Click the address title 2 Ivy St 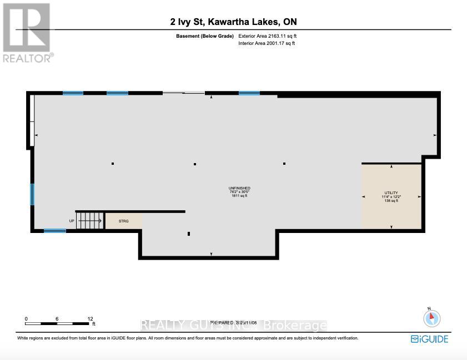[x=233, y=22]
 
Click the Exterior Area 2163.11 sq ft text [x=271, y=36]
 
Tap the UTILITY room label [x=391, y=193]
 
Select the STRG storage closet [x=123, y=221]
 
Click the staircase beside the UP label [x=89, y=221]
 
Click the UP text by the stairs [x=71, y=221]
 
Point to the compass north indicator [x=431, y=318]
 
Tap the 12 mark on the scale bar [x=89, y=319]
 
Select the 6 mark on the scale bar [x=57, y=319]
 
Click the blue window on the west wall [x=32, y=194]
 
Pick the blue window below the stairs [x=54, y=231]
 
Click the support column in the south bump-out [x=189, y=234]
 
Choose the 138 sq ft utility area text [x=391, y=201]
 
